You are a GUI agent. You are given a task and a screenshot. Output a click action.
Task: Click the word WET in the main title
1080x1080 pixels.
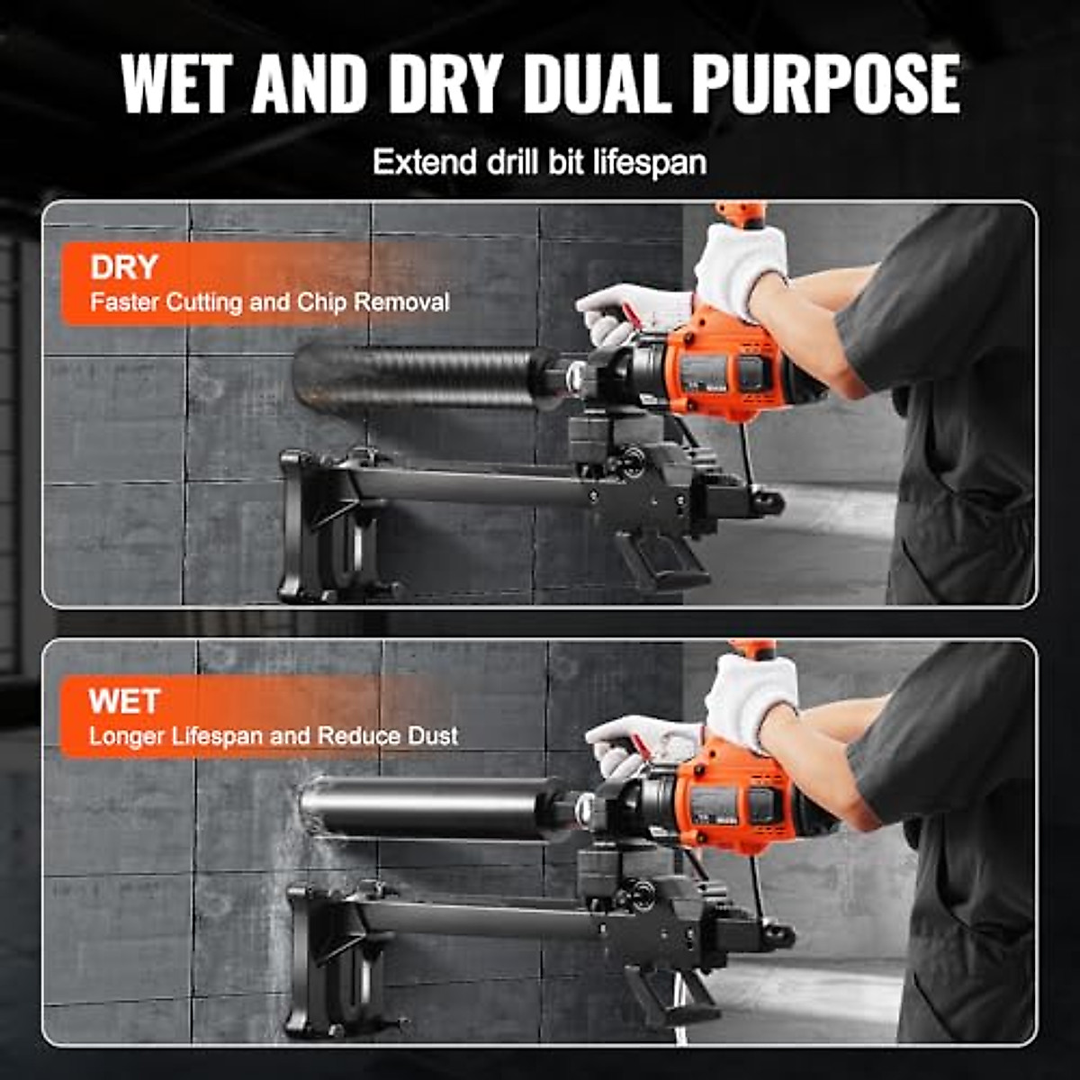click(177, 83)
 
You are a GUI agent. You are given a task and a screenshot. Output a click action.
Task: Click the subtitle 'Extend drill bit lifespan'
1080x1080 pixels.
click(539, 163)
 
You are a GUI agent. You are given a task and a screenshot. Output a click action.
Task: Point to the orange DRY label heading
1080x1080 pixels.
click(123, 267)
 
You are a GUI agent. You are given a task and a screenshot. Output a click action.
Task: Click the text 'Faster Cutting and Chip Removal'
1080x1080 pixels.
click(269, 302)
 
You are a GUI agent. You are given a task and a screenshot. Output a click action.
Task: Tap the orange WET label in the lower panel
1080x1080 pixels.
click(124, 701)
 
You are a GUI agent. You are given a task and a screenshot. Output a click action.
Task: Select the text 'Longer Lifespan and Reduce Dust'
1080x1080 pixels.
click(273, 736)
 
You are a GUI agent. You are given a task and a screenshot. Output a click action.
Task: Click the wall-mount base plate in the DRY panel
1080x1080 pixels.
click(310, 526)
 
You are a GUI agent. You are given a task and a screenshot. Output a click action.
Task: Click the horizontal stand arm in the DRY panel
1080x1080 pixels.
click(468, 486)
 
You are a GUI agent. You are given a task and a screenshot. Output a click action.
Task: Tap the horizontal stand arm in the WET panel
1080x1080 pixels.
click(477, 918)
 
